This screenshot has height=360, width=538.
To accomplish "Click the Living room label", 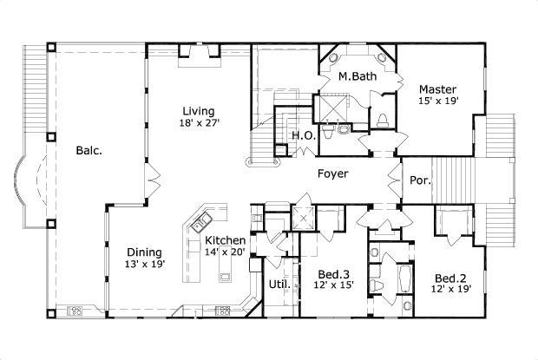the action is pyautogui.click(x=199, y=111).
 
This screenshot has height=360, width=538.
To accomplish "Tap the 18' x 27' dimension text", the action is pyautogui.click(x=199, y=122).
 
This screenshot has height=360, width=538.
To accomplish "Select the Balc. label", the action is pyautogui.click(x=89, y=151).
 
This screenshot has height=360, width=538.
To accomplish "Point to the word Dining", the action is pyautogui.click(x=144, y=252).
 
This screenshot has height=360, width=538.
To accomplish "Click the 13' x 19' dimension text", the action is pyautogui.click(x=146, y=265).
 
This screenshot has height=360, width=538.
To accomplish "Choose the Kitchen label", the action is pyautogui.click(x=226, y=240).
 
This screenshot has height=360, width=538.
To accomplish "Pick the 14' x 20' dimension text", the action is pyautogui.click(x=225, y=252).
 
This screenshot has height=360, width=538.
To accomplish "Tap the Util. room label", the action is pyautogui.click(x=279, y=285).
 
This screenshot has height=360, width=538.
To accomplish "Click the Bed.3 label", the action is pyautogui.click(x=333, y=274).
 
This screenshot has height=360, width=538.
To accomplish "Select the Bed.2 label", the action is pyautogui.click(x=450, y=278).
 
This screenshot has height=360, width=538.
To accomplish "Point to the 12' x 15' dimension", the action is pyautogui.click(x=333, y=285).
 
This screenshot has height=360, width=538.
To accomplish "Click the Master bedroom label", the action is pyautogui.click(x=438, y=89).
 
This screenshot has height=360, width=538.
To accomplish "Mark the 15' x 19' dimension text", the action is pyautogui.click(x=438, y=101).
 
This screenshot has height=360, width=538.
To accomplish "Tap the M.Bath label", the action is pyautogui.click(x=358, y=76).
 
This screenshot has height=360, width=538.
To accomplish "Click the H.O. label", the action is pyautogui.click(x=304, y=136).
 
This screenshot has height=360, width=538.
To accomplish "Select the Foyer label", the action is pyautogui.click(x=333, y=173).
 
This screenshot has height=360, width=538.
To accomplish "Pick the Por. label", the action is pyautogui.click(x=420, y=180).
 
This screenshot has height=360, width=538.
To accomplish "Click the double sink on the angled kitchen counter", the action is pyautogui.click(x=201, y=222).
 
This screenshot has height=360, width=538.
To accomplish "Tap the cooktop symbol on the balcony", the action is pyautogui.click(x=75, y=311).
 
